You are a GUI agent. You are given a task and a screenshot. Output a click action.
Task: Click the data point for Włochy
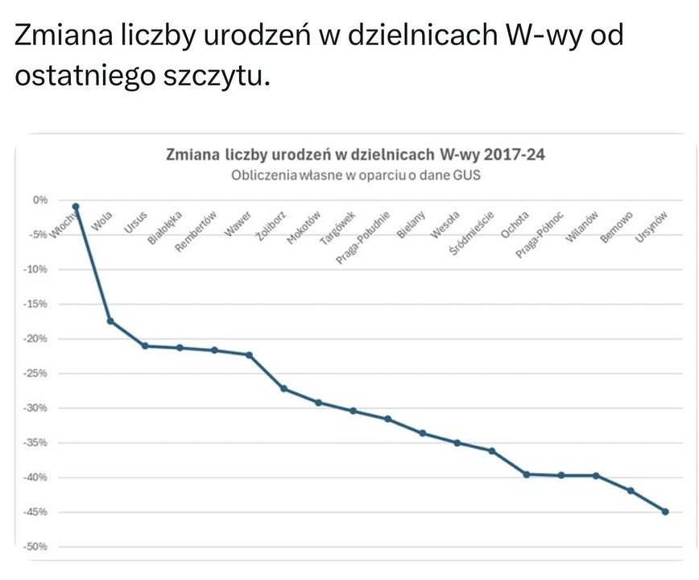coord(76,207)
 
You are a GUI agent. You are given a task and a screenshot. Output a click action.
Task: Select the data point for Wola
coord(110,321)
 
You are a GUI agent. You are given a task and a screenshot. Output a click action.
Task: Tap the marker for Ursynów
coord(665,512)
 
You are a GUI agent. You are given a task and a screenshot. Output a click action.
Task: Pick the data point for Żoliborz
coord(283,388)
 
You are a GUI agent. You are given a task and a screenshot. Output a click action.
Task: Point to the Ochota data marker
coord(527,474)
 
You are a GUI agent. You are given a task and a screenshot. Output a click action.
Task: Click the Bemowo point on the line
coord(631,491)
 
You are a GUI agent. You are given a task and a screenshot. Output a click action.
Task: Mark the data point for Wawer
coord(249,354)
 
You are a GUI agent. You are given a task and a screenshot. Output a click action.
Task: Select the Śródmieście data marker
coord(492,451)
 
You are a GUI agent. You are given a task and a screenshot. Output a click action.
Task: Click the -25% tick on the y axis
coord(36,374)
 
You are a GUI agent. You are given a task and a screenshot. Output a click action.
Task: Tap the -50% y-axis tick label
coord(36,547)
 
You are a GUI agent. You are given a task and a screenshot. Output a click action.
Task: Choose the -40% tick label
coord(36,478)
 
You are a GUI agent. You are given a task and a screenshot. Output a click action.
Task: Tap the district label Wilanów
coord(584,227)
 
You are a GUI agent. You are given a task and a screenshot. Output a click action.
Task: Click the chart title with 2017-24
coord(355,155)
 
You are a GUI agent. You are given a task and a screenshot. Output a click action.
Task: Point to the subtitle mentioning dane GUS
coord(355,176)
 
